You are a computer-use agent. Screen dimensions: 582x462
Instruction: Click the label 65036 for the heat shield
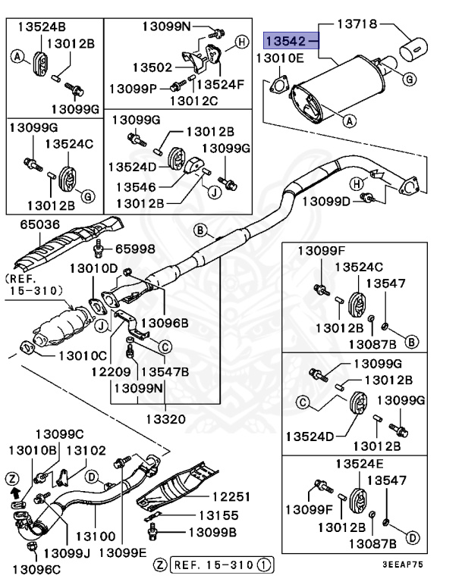(x=31, y=225)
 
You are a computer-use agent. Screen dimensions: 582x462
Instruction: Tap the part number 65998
(x=134, y=248)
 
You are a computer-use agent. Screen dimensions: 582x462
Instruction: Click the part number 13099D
(x=326, y=201)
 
